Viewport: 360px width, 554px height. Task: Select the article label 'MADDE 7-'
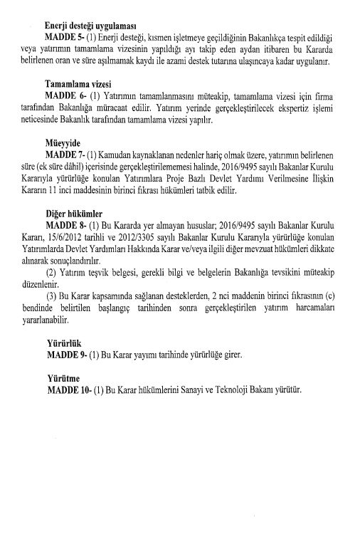pos(63,153)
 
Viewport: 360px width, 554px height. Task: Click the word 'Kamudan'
pos(116,153)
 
